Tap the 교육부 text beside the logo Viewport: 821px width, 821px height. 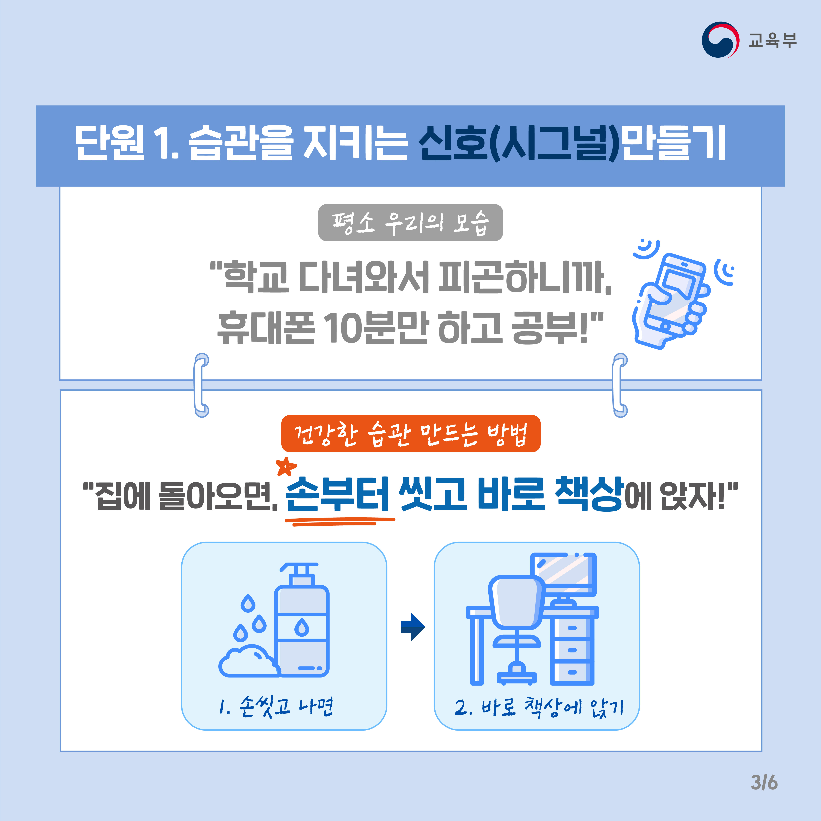coord(772,40)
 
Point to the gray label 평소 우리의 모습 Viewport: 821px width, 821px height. coord(410,223)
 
